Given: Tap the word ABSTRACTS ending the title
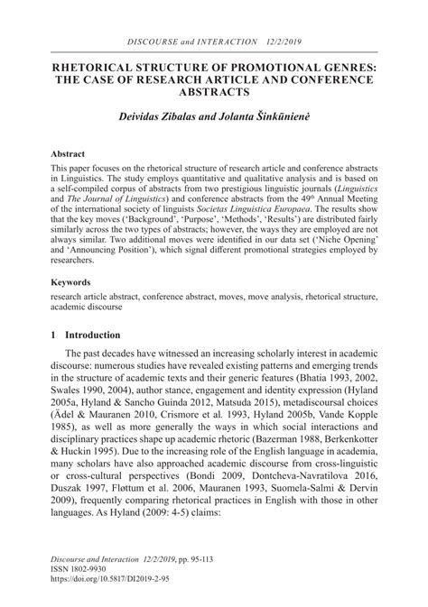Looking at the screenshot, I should click(x=214, y=91).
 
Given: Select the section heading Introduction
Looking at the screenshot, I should click(x=93, y=335).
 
